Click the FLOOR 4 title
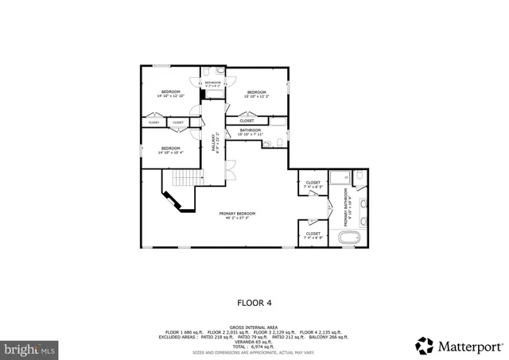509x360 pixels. point(254,302)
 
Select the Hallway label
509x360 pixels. point(213,142)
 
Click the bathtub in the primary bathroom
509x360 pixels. point(351,237)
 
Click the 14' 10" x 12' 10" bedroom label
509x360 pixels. point(171,95)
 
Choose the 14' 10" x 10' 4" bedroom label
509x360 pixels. point(170,150)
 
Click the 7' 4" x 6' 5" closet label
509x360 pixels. point(313,184)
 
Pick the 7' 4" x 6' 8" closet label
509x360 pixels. point(313,235)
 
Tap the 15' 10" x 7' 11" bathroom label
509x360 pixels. point(251,132)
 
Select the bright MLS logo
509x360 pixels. point(29,349)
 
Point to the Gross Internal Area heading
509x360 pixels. point(254,327)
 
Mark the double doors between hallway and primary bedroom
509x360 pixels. point(230,168)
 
